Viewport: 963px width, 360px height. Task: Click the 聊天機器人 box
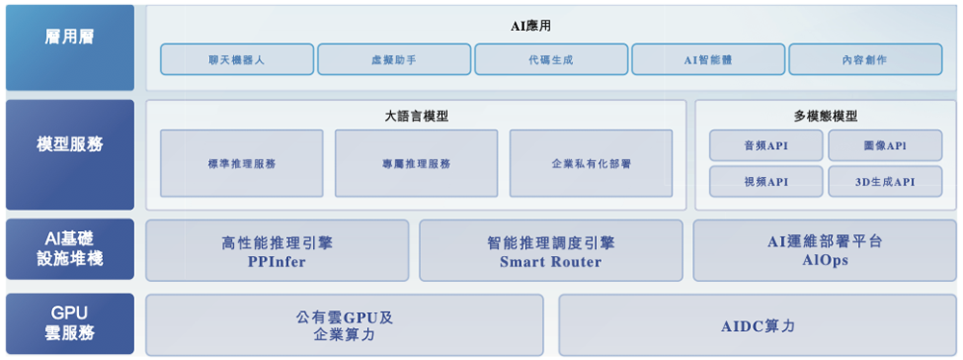[236, 60]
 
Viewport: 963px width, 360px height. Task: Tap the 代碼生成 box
[551, 60]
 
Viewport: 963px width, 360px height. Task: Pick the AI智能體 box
[708, 60]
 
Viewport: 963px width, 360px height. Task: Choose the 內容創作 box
[865, 60]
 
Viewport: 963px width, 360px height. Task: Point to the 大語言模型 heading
[416, 116]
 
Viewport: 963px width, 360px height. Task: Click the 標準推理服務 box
[242, 164]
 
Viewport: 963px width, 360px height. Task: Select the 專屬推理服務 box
[416, 164]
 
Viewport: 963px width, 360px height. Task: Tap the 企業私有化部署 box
[591, 164]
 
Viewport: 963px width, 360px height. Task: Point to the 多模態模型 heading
[825, 116]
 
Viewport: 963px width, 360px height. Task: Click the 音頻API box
[766, 145]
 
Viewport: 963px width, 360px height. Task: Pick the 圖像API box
[885, 145]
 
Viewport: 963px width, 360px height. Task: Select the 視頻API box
[766, 181]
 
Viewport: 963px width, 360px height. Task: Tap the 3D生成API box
[885, 181]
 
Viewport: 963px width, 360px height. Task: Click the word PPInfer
[276, 262]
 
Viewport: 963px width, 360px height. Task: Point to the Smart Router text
[551, 262]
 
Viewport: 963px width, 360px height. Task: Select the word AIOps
[825, 260]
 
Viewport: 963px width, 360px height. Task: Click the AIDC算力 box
[758, 326]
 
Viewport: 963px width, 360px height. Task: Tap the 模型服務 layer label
[69, 145]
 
